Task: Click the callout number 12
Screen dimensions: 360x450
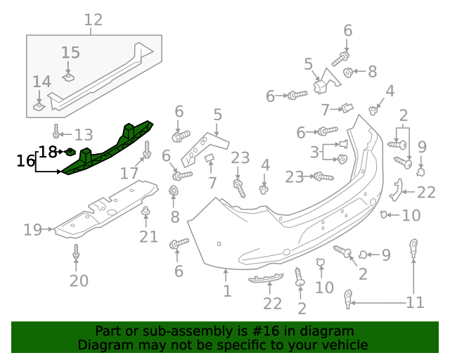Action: pyautogui.click(x=94, y=20)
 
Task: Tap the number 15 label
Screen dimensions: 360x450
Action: pyautogui.click(x=70, y=53)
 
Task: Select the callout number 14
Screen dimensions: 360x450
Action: pyautogui.click(x=41, y=82)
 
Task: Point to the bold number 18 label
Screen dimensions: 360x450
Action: pyautogui.click(x=48, y=151)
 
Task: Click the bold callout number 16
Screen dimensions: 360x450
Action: pyautogui.click(x=26, y=161)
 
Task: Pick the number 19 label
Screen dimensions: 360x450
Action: pyautogui.click(x=33, y=229)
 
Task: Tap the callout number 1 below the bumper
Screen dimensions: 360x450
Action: pyautogui.click(x=226, y=290)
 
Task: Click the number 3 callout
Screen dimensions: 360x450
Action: pyautogui.click(x=314, y=153)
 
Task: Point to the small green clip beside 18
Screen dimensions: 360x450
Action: pyautogui.click(x=70, y=150)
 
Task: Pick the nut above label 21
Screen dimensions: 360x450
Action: pyautogui.click(x=146, y=212)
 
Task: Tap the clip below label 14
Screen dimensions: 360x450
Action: pyautogui.click(x=40, y=106)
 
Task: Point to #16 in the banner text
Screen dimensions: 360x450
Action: pyautogui.click(x=273, y=331)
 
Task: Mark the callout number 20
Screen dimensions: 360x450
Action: pyautogui.click(x=79, y=281)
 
